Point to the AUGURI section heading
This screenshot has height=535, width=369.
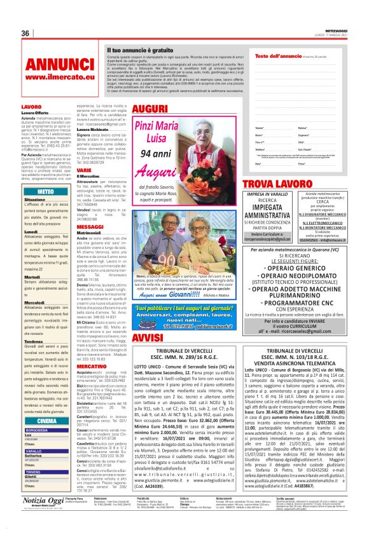pos(149,109)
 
